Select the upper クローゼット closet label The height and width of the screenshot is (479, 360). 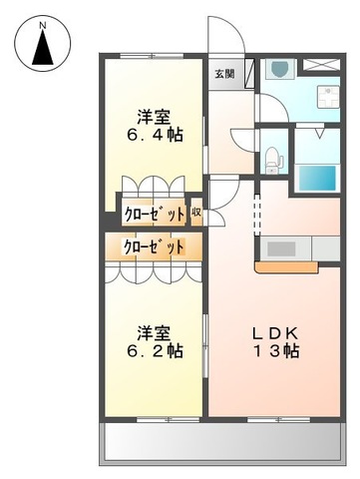(154, 212)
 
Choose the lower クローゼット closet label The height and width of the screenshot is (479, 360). (154, 246)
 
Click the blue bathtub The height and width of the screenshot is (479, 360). (320, 178)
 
